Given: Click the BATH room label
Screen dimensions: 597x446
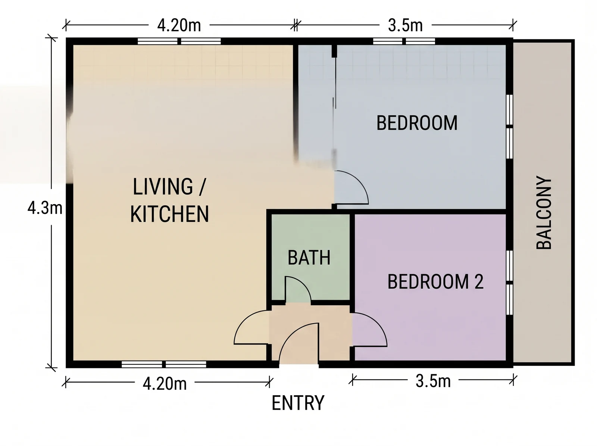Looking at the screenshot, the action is pos(309,258).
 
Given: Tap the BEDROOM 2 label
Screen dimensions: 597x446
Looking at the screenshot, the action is pos(435,282).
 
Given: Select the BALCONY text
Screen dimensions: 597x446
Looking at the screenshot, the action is pos(544,212).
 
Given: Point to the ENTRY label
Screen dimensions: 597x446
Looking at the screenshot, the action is pos(298,403).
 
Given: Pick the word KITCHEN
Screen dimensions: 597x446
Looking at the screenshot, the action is pos(169,214).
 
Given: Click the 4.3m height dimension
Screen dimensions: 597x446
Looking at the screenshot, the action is pos(45,208).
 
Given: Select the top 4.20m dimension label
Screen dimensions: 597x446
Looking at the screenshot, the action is pos(179,25).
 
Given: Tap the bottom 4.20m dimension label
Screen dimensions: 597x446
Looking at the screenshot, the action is pos(165,384).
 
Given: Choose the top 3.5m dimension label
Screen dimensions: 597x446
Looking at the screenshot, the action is pos(405,25).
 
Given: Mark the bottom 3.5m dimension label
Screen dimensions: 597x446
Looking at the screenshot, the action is pos(433,381).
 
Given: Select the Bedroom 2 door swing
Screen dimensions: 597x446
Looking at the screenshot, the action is pos(378,324).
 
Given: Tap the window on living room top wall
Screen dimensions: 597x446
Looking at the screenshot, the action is pos(179,41).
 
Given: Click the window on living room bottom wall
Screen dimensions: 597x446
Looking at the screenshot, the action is pos(164,364).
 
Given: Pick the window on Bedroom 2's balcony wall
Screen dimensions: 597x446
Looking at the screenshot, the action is pos(510,283).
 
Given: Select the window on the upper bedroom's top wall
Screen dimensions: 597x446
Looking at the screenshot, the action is pos(404,41).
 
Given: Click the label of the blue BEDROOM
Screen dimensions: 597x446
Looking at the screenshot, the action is pos(417,123).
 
